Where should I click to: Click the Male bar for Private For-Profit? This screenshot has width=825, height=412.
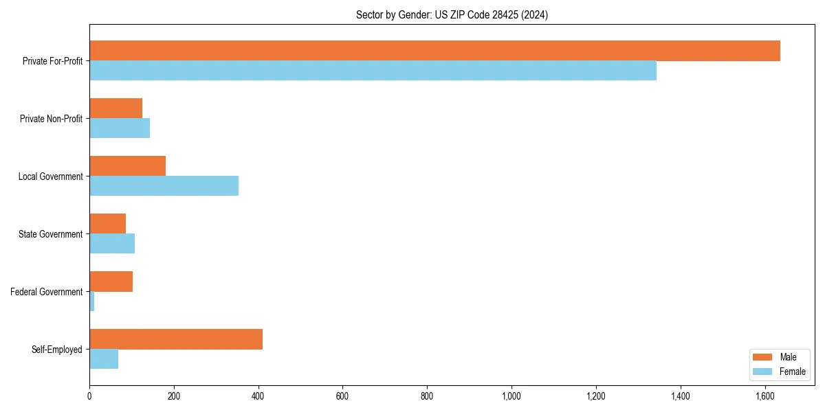(434, 51)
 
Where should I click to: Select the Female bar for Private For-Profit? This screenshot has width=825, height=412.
(373, 71)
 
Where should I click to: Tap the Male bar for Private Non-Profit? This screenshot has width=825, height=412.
(115, 108)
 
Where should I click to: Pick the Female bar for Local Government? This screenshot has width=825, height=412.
(164, 186)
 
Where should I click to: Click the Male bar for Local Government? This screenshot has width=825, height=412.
(127, 166)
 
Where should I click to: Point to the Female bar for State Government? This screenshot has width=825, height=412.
(112, 244)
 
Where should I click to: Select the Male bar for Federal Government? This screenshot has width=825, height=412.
(111, 282)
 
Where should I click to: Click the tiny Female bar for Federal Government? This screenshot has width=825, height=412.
(92, 301)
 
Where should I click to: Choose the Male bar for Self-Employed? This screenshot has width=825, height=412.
(176, 339)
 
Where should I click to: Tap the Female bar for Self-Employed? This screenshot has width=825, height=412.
(104, 359)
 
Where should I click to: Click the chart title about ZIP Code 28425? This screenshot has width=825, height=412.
(452, 14)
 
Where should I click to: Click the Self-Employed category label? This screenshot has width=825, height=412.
(57, 350)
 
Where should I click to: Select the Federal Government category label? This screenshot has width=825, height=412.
(47, 292)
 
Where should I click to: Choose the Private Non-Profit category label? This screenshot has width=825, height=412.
(51, 119)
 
